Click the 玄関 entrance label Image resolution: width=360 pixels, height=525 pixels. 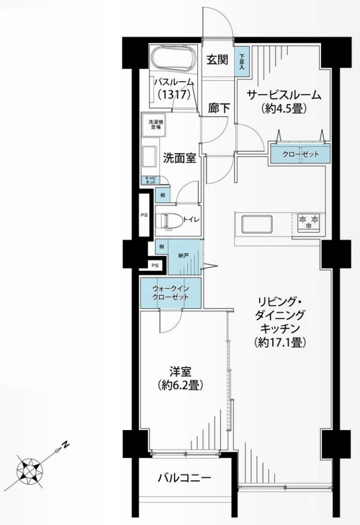[x=216, y=60]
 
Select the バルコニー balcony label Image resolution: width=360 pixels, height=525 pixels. [x=185, y=478]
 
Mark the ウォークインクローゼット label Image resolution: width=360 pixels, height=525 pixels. [x=170, y=293]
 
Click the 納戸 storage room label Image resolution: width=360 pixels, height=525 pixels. [x=183, y=255]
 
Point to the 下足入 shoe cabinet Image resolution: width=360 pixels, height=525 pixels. [x=242, y=62]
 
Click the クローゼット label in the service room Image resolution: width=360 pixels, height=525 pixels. [x=300, y=154]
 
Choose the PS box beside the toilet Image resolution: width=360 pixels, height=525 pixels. [x=144, y=215]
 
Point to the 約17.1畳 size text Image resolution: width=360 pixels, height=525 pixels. [x=280, y=342]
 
